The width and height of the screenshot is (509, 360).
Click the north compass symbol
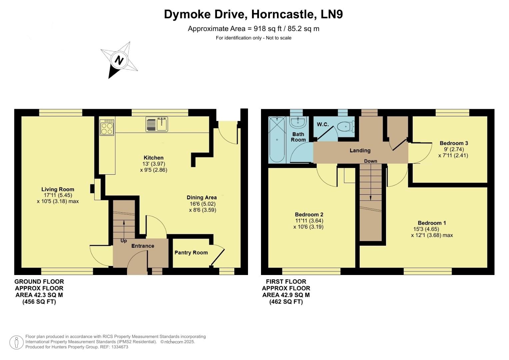click(119, 60)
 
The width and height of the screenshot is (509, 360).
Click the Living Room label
click(58, 189)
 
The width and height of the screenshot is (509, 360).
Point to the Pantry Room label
click(191, 253)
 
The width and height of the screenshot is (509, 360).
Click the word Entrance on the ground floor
click(143, 246)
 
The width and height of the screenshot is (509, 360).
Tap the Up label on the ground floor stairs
click(124, 241)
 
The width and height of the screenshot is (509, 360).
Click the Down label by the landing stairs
click(370, 161)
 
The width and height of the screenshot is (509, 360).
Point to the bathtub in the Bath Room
click(277, 139)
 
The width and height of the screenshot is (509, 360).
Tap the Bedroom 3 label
click(454, 143)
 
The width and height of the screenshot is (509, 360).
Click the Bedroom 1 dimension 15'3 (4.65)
click(426, 229)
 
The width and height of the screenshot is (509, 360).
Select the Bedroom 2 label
click(309, 215)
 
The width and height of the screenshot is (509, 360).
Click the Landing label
click(360, 151)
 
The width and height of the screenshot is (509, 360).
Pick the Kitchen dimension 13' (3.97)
click(154, 164)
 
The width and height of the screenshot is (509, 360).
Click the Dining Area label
click(202, 198)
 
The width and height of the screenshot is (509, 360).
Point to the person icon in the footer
click(16, 342)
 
